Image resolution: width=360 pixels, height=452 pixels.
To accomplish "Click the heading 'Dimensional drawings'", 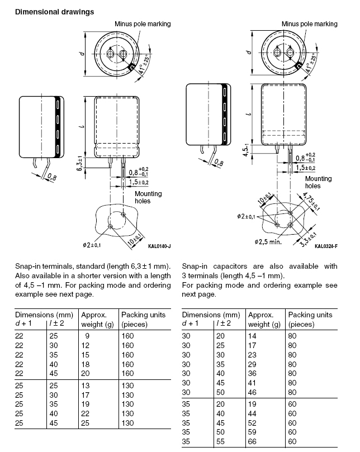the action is [x=55, y=12].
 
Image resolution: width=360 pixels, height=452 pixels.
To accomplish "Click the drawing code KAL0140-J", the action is [x=159, y=246].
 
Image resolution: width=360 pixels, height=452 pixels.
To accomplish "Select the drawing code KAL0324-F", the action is [x=326, y=246].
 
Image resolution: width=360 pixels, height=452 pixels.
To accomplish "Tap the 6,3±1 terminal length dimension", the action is [x=80, y=164].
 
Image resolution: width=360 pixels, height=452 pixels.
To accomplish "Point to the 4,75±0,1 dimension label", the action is [x=311, y=201].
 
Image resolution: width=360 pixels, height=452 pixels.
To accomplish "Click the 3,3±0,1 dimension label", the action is [x=309, y=240].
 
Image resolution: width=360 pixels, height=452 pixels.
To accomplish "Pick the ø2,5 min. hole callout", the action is [x=268, y=242].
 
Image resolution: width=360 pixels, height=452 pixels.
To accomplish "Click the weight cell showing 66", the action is [x=252, y=441].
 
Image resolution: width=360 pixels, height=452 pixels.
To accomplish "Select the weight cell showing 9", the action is [x=87, y=336].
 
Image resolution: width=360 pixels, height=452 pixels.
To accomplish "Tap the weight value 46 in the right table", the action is [x=252, y=392].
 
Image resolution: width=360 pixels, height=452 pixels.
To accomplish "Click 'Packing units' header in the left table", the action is [x=143, y=315].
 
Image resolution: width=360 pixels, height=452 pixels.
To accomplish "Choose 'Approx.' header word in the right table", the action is [x=260, y=315].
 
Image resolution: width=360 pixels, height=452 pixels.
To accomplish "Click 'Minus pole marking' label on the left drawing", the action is [x=143, y=24].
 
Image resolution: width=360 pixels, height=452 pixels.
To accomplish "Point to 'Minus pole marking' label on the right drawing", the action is [x=310, y=24].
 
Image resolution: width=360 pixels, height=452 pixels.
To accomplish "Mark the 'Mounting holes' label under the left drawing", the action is [x=148, y=197].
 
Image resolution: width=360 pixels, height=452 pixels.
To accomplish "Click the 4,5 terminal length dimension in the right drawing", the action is [x=245, y=151].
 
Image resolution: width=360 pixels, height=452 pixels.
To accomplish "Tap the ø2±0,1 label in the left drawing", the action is [x=92, y=245].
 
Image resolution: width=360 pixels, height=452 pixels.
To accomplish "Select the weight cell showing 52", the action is [x=252, y=423].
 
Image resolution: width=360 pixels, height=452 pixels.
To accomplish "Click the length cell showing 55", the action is [x=220, y=441].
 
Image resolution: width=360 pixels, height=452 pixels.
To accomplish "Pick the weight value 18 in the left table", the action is [x=86, y=364].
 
